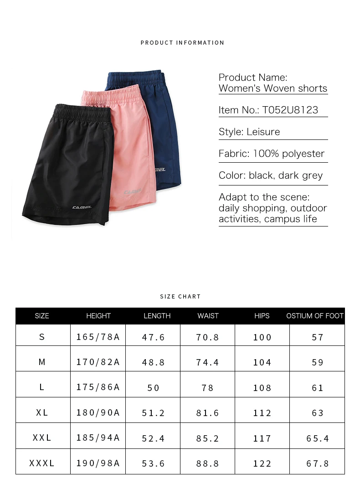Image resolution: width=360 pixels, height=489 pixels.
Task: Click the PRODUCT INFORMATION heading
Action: (182, 43)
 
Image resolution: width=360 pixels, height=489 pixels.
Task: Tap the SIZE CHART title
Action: (180, 297)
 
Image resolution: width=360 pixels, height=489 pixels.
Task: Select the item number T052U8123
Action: (290, 110)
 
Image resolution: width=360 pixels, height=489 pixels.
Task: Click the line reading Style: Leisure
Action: (249, 132)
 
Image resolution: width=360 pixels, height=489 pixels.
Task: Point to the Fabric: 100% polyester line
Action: (272, 154)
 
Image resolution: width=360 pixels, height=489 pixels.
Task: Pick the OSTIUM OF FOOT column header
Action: (315, 316)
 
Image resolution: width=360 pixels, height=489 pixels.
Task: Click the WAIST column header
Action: (208, 316)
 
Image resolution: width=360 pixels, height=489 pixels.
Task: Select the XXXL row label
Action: (42, 463)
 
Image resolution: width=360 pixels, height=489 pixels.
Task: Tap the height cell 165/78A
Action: (98, 337)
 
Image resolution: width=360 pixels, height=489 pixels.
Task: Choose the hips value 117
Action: (262, 438)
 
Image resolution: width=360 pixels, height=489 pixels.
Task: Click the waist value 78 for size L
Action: (208, 388)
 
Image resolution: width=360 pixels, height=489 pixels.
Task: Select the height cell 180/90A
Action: (98, 413)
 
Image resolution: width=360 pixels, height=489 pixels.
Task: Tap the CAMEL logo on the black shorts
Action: (82, 207)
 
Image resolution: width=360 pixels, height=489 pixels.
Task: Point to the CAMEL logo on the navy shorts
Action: (160, 170)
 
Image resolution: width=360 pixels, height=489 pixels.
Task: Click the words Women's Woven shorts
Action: (273, 88)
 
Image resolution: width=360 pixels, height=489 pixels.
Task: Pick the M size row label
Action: (42, 362)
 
